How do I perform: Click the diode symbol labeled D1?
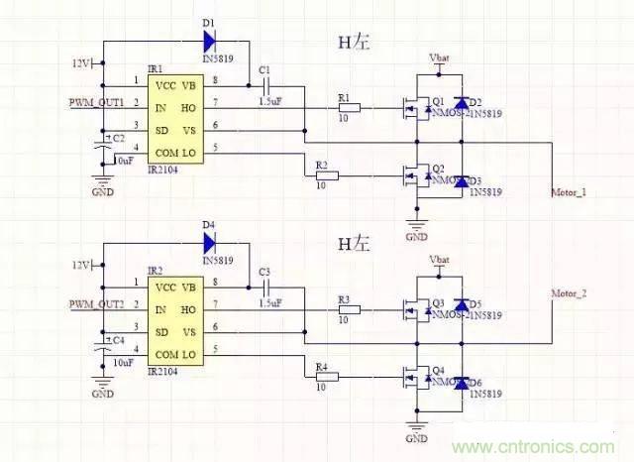coord(210,42)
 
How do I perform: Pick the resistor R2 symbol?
coord(326,175)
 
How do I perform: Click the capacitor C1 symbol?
coord(264,85)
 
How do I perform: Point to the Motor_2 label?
coord(569,293)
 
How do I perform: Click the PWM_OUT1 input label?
coord(96,102)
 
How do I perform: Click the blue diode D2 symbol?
coord(460,103)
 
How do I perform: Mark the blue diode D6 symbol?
coord(460,382)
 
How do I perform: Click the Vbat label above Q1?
coord(439,58)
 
